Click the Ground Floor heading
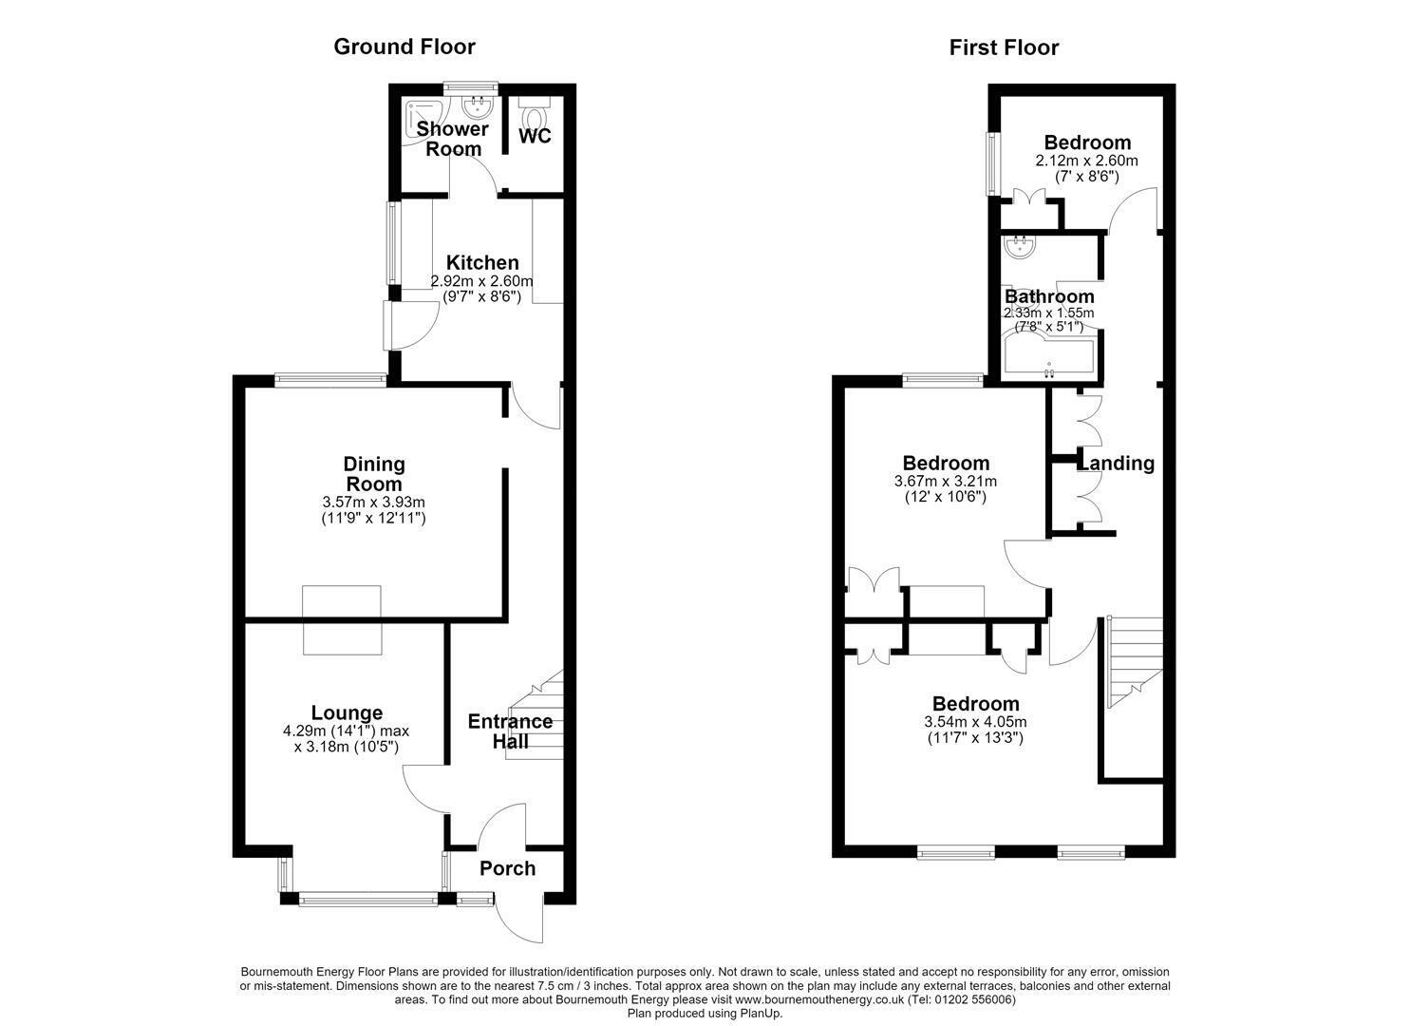coord(404,47)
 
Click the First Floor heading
coord(1004,47)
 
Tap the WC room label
coord(536,136)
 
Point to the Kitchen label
coord(482,262)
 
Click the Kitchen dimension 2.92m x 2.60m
coord(481,281)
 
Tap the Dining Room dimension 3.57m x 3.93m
coord(374,503)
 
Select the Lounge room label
coord(347,712)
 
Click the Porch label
coord(507,868)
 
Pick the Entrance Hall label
coord(511,731)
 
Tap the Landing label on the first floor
coord(1117,463)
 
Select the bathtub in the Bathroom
coord(1049,358)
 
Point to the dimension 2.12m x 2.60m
coord(1086,161)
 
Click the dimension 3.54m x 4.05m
coord(976,722)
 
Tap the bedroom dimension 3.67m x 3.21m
coord(946,482)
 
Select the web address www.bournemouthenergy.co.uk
coord(820,999)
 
